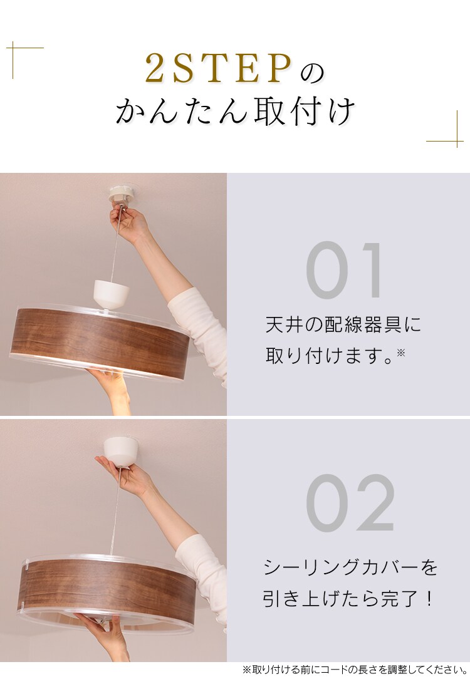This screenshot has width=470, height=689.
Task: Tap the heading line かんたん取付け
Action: [235, 112]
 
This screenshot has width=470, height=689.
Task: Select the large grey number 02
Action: [350, 504]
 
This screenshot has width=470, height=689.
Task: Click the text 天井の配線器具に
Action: [343, 324]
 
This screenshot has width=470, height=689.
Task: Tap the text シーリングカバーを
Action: [350, 568]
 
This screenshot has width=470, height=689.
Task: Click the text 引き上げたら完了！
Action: [348, 599]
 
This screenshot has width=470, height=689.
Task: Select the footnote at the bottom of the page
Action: [355, 670]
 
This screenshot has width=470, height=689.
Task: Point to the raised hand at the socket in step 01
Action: [130, 225]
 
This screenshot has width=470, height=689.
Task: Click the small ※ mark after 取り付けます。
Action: [401, 353]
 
